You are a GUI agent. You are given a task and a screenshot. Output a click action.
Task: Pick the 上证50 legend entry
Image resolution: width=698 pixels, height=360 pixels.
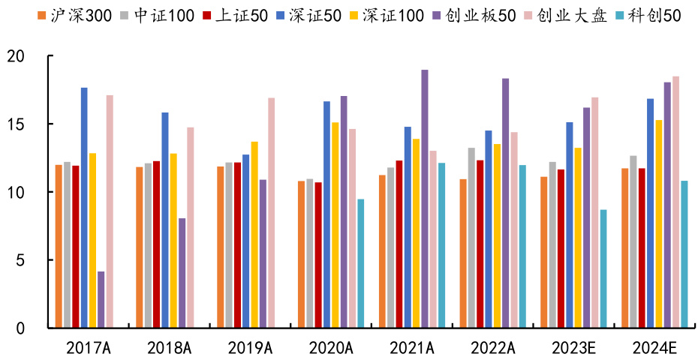236,15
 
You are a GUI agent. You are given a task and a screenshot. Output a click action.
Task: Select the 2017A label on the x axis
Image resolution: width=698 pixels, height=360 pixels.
89,347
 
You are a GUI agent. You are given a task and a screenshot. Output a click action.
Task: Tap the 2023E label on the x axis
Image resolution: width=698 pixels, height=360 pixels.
572,347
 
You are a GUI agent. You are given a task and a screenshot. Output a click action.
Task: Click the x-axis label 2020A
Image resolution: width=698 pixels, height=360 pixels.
331,347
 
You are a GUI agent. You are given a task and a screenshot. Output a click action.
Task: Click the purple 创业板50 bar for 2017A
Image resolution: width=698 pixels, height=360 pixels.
101,299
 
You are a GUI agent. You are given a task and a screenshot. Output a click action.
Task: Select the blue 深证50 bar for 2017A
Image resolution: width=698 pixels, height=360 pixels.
84,208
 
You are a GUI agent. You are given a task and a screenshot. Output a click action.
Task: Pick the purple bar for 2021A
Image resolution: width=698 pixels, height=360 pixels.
425,199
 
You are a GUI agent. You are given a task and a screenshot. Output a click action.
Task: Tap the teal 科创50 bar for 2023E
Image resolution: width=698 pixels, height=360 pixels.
603,268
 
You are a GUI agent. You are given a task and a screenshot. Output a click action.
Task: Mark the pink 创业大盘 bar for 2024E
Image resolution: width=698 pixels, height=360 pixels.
676,202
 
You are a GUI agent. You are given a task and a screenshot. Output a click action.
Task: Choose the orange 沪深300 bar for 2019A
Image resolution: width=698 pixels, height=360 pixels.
220,247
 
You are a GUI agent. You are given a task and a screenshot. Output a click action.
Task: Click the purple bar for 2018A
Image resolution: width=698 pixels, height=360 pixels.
182,273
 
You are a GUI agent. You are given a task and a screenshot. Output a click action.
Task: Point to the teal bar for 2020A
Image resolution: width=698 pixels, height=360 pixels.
361,263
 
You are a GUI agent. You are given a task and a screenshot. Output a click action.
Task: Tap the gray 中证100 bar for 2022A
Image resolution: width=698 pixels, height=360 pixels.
471,238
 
